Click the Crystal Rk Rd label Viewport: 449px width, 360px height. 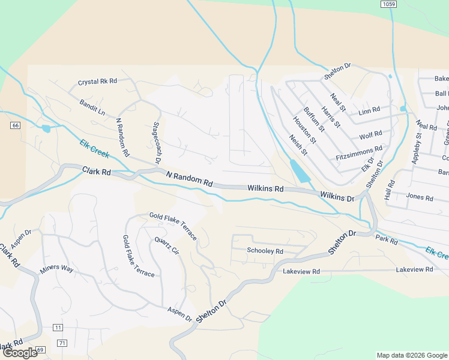[x=97, y=81]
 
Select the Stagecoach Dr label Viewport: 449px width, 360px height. [x=157, y=143]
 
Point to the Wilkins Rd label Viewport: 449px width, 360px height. [x=265, y=188]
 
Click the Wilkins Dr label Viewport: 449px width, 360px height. [x=337, y=196]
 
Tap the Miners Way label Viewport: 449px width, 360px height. [x=56, y=269]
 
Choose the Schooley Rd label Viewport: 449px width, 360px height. [x=265, y=251]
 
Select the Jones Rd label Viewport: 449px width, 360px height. [x=419, y=197]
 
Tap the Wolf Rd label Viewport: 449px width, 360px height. [x=370, y=136]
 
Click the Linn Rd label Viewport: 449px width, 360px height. [x=369, y=110]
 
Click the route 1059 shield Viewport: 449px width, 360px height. [x=388, y=4]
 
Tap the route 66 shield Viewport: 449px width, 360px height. [x=16, y=125]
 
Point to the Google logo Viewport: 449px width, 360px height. [x=20, y=353]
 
